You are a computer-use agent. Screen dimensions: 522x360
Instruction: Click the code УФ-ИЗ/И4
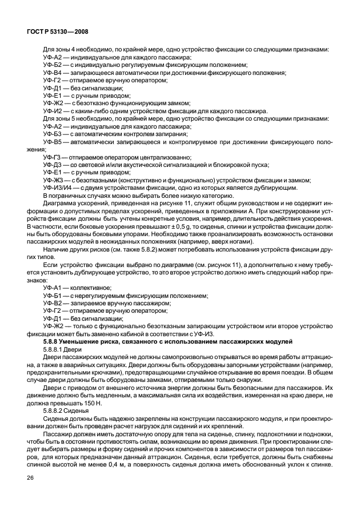[58, 187]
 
